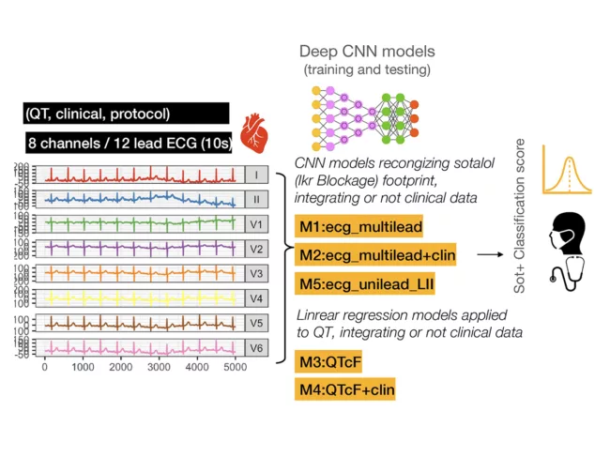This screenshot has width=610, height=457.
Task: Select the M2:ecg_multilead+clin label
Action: coord(376,255)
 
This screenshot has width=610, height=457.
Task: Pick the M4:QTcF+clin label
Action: coord(343,388)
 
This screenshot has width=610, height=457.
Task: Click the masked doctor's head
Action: coord(569,233)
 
